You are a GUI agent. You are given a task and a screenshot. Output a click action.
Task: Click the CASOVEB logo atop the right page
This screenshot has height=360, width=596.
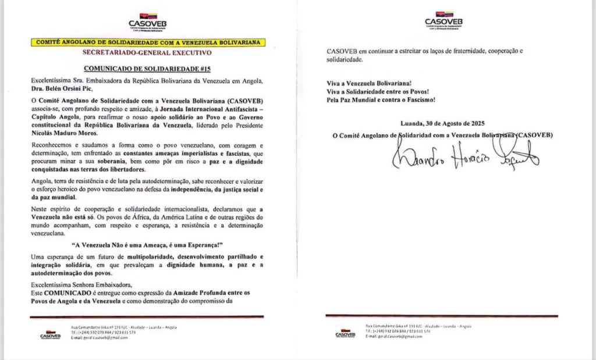coord(444,19)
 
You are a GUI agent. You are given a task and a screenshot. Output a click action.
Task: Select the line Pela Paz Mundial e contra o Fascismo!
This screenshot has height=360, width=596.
coord(381,100)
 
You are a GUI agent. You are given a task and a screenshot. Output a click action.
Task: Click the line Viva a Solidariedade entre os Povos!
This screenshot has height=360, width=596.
coord(378,92)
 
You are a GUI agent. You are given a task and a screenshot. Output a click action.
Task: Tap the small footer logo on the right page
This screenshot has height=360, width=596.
coord(346,333)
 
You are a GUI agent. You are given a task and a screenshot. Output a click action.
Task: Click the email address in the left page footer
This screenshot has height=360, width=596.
coord(99,338)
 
